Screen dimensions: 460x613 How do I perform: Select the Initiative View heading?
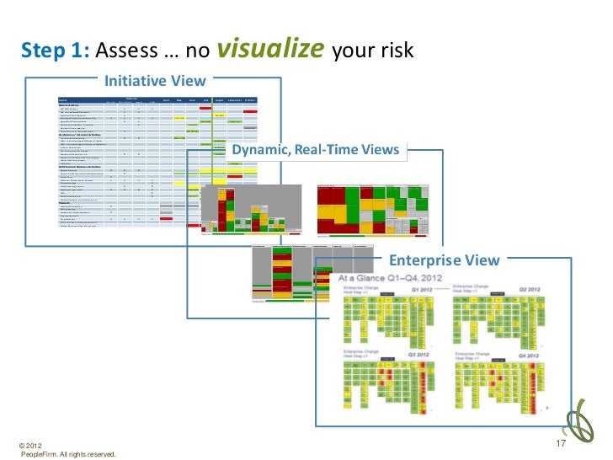coord(155,81)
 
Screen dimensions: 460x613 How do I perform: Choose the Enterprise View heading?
coord(443,260)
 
